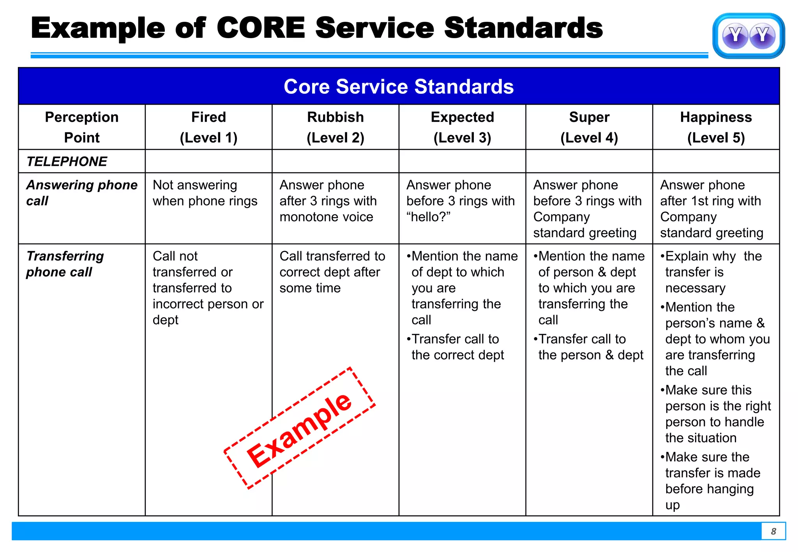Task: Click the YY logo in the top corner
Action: click(x=748, y=36)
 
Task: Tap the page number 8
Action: click(x=773, y=531)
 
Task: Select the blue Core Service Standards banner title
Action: click(x=399, y=86)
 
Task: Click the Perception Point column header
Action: click(x=82, y=127)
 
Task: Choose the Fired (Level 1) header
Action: click(x=208, y=127)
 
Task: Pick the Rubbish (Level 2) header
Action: click(x=335, y=127)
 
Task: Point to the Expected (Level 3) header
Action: click(x=463, y=127)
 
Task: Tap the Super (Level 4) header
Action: click(x=589, y=127)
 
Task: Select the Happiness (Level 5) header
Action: click(x=716, y=127)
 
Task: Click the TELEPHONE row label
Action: click(x=67, y=162)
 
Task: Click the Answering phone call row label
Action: click(x=81, y=193)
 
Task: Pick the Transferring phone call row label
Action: click(x=65, y=264)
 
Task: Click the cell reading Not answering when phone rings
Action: click(x=205, y=193)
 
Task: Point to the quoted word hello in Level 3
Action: click(x=428, y=217)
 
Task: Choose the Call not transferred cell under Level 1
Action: click(x=208, y=288)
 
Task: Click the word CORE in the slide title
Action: click(x=261, y=28)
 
